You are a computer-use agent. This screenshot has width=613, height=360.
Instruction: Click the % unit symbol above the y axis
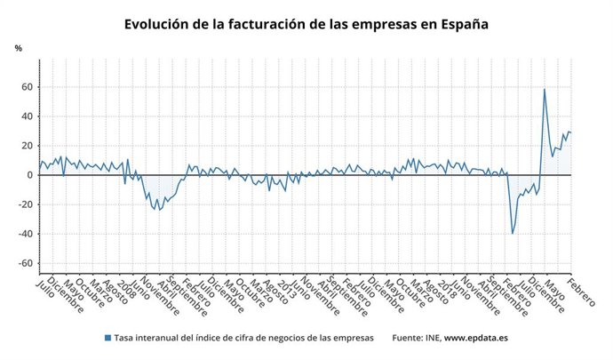click(x=19, y=48)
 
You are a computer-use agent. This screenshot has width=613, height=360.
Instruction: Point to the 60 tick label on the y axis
click(x=27, y=87)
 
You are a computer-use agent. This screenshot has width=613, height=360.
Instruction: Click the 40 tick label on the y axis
click(x=27, y=116)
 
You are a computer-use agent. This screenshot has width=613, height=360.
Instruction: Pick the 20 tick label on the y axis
click(x=27, y=146)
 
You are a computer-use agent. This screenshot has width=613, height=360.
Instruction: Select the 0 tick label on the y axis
click(x=29, y=175)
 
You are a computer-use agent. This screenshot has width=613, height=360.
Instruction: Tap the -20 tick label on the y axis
click(x=25, y=204)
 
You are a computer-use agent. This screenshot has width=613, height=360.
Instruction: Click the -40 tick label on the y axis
click(x=25, y=234)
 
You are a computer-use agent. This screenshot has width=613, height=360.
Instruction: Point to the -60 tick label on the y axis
click(x=25, y=263)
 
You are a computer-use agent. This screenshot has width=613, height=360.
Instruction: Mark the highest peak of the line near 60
click(x=544, y=89)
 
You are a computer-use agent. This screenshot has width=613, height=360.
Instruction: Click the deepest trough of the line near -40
click(x=513, y=233)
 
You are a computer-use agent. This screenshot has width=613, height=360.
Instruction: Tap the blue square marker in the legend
click(x=107, y=339)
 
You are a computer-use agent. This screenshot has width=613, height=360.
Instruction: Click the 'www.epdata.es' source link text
click(x=476, y=339)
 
